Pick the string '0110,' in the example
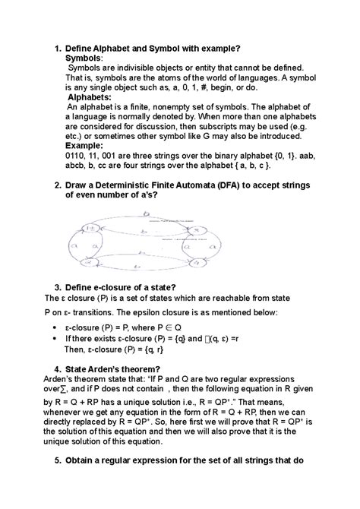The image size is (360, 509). tap(78, 156)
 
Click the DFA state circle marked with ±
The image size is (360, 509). tap(90, 227)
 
